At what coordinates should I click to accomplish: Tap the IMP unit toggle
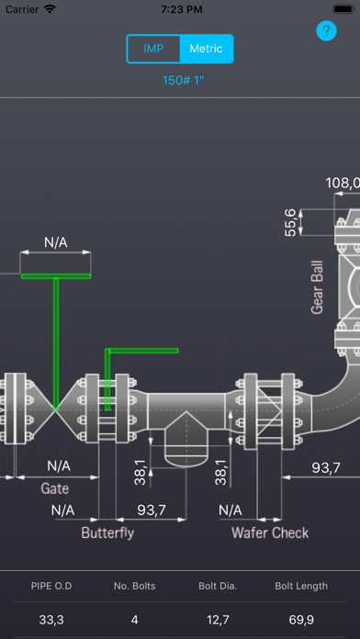tap(153, 49)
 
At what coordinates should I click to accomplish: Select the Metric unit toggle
tap(207, 49)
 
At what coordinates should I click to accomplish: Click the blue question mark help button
tap(327, 30)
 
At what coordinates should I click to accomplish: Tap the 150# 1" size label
tap(183, 80)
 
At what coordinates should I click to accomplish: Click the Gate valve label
tap(54, 488)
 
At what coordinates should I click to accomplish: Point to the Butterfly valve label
tap(107, 532)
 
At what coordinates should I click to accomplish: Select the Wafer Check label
tap(270, 532)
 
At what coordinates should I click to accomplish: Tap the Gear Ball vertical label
tap(317, 287)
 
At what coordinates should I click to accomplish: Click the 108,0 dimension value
tap(343, 183)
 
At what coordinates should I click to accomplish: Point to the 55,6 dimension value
tap(291, 222)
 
